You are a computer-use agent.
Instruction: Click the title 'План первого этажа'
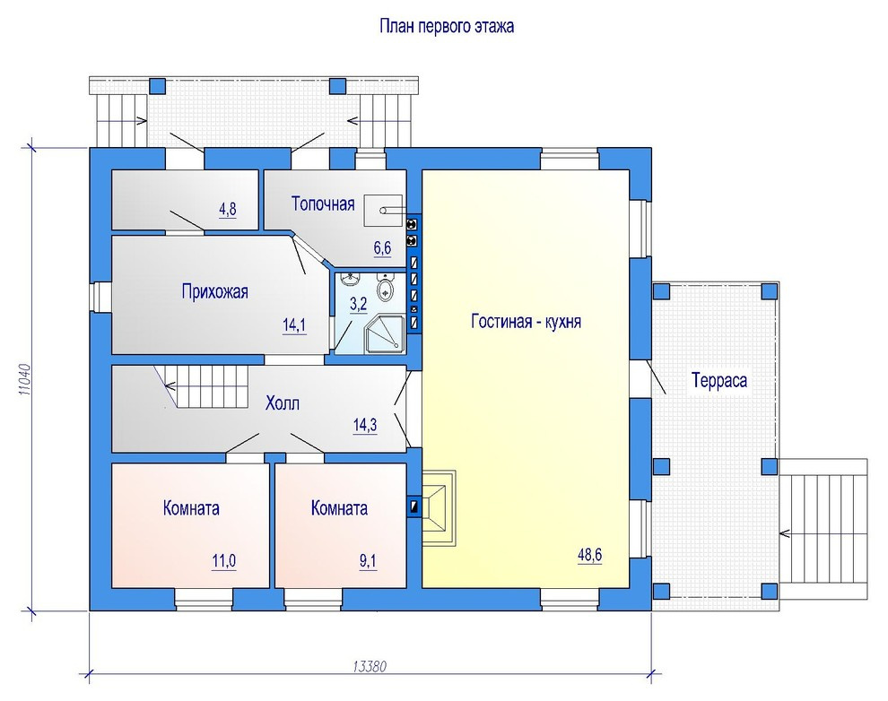point(447,27)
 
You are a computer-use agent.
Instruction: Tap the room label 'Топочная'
point(323,203)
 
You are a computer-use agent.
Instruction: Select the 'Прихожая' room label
point(214,292)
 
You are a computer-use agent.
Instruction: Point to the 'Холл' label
point(282,403)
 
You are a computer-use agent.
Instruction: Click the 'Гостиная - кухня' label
point(527,321)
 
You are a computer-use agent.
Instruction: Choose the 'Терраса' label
point(719,381)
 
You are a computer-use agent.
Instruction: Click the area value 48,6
point(589,556)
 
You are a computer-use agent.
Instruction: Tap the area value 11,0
point(223,561)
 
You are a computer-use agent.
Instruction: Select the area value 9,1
point(368,561)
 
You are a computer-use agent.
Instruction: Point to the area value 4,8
point(228,210)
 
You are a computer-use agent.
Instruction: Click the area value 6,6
point(382,247)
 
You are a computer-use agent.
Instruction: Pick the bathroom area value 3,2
point(359,305)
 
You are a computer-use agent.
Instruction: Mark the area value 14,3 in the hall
point(365,425)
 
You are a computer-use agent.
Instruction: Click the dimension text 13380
point(370,666)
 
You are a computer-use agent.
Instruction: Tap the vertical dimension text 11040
point(24,379)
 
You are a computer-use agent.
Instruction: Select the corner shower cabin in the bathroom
point(385,333)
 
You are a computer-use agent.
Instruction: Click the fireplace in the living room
point(440,507)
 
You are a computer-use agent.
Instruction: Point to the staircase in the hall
point(206,386)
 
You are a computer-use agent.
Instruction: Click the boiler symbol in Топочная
point(383,211)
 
